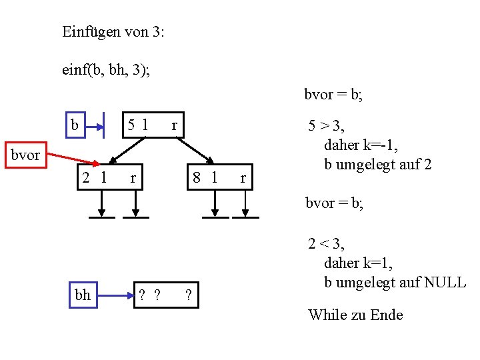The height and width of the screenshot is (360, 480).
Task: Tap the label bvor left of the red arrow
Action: pos(25,155)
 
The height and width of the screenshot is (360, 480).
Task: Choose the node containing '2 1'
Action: pos(95,178)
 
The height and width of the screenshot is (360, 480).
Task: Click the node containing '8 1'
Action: pos(205,178)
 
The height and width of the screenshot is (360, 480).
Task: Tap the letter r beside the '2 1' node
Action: pos(133,178)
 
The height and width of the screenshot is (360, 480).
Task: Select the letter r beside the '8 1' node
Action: pos(243,178)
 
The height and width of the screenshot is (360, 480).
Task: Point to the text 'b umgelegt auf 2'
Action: pos(377,164)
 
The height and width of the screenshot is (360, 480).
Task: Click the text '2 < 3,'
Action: pos(326,244)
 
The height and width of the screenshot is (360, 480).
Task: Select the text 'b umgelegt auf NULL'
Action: pos(395,281)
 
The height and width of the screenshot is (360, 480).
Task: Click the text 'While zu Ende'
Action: pos(355,315)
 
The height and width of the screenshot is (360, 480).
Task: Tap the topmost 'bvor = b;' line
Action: pos(333,95)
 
